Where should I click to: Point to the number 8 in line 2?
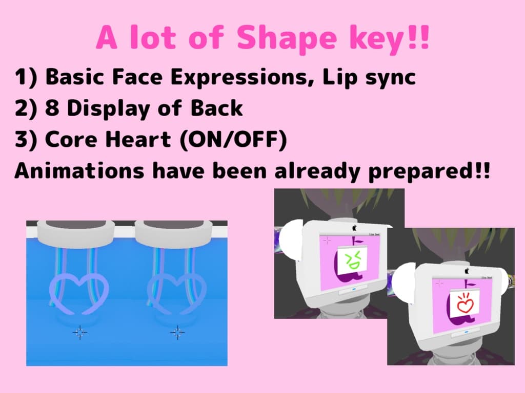coord(52,108)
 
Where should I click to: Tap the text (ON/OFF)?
coord(233,140)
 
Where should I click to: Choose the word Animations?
coord(79,170)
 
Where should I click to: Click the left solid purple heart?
coord(79,294)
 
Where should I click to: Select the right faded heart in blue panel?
coord(177,294)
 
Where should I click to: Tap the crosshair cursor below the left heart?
coord(79,332)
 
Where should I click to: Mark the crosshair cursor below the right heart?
coord(177,332)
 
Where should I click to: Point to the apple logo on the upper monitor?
coord(355,228)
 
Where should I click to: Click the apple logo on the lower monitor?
coord(467,271)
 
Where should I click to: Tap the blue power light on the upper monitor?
coord(354,290)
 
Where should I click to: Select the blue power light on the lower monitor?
coord(466,332)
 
